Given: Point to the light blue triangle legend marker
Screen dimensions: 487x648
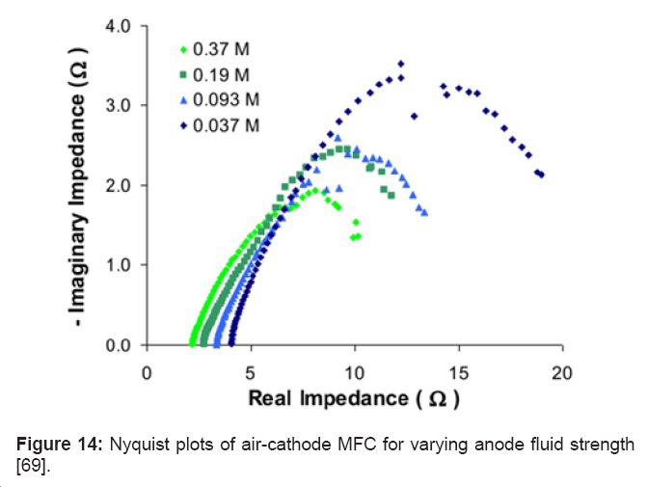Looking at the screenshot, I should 183,99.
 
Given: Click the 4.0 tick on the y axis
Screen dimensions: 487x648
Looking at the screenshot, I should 119,25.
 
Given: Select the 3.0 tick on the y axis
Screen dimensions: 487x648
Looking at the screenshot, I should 119,105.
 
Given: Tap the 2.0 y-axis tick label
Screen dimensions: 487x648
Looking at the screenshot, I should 119,185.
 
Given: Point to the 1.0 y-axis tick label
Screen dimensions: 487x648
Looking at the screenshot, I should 119,265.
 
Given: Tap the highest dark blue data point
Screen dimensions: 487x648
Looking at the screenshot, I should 401,64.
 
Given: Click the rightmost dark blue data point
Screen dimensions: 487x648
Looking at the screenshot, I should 542,175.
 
